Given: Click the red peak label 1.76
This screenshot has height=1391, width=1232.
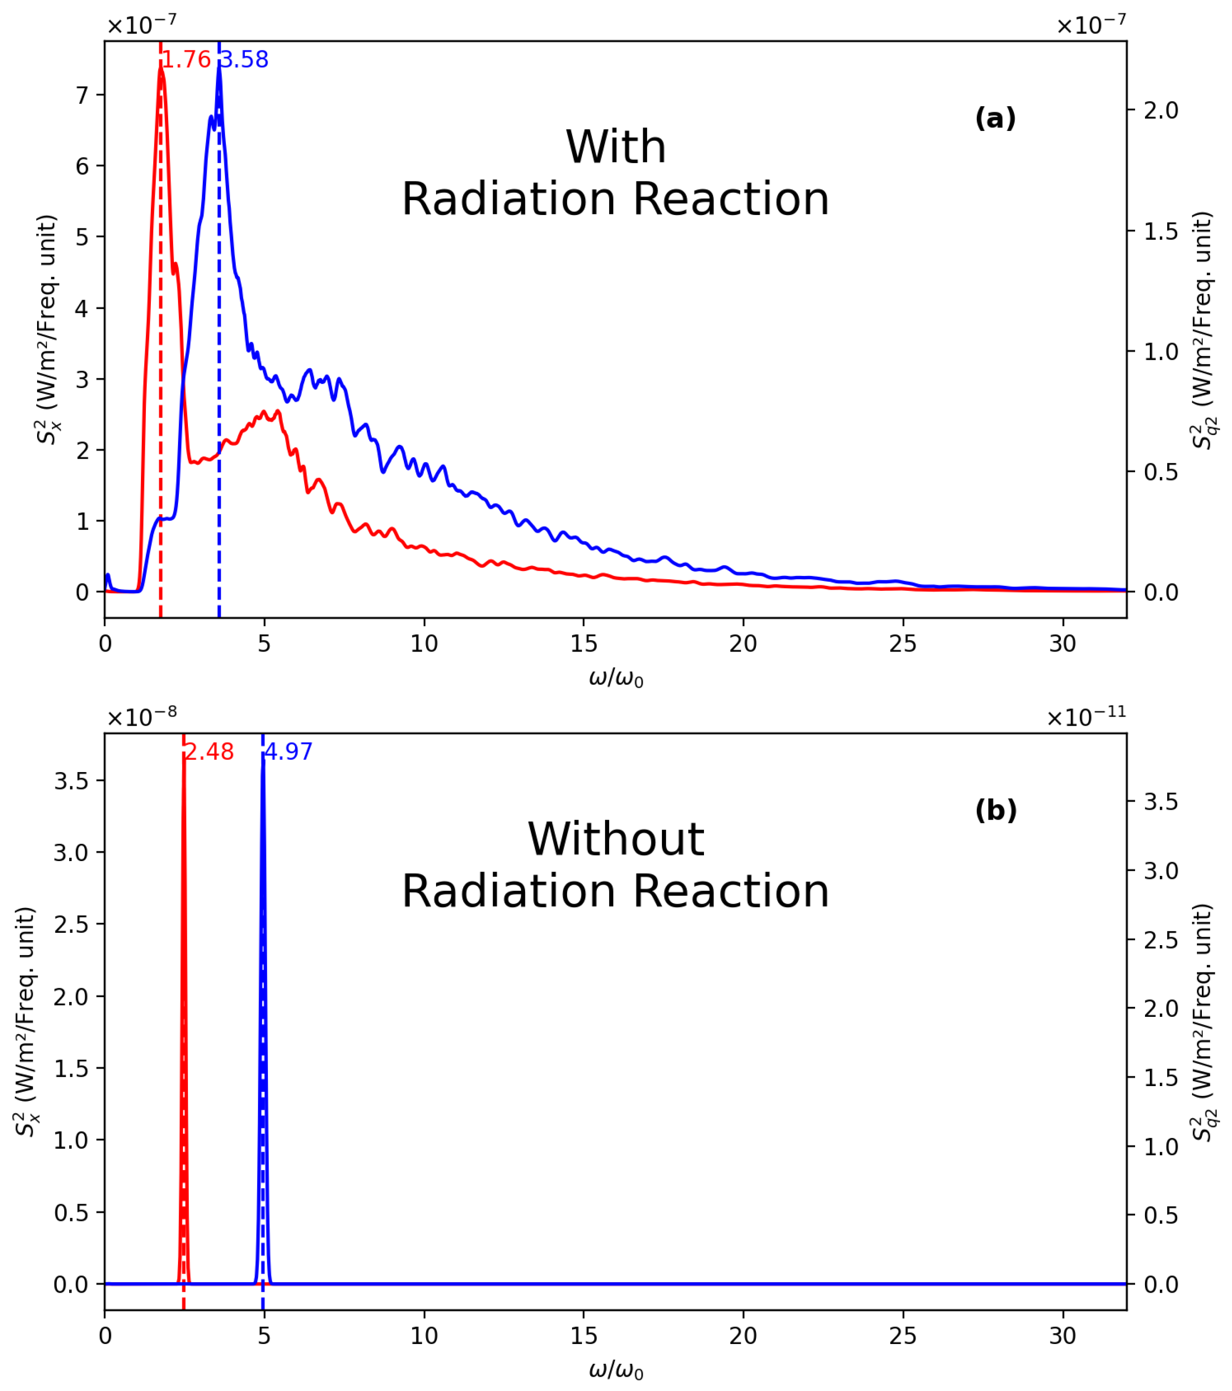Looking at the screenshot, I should tap(185, 60).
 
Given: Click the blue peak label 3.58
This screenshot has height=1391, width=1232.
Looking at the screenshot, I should tap(244, 60).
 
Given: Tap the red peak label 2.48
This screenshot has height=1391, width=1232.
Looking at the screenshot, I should tap(209, 752).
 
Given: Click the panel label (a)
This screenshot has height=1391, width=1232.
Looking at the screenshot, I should tap(995, 119).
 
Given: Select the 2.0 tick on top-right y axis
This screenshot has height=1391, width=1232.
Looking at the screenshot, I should tap(1160, 110).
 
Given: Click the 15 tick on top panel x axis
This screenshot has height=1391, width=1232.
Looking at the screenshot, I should tap(583, 644).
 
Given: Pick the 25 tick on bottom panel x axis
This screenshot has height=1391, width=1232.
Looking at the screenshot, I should tap(903, 1336).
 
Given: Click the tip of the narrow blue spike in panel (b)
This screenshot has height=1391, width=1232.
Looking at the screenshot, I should tap(263, 757).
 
